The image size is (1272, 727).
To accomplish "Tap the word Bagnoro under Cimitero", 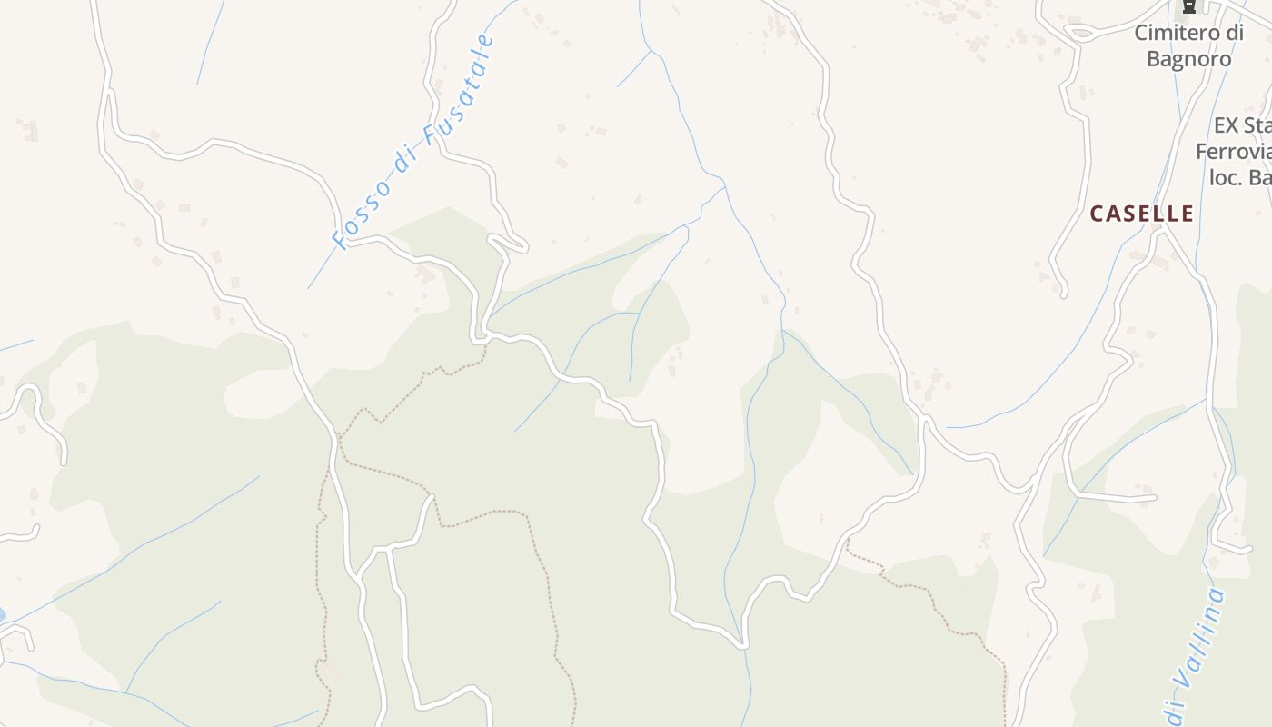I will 1188,59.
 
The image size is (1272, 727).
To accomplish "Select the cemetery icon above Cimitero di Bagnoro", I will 1188,7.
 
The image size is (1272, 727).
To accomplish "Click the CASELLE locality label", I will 1141,214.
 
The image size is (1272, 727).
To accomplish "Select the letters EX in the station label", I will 1227,125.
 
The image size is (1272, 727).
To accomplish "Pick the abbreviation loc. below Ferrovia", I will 1225,177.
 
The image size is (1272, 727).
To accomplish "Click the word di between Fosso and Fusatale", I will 405,158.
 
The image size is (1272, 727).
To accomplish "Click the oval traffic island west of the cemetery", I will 1079,34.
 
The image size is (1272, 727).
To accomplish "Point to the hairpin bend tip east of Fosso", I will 524,245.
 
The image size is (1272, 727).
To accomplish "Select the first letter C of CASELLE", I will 1097,214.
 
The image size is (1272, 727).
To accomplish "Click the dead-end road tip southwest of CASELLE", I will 1064,294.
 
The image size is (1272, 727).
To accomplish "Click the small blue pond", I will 2,615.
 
